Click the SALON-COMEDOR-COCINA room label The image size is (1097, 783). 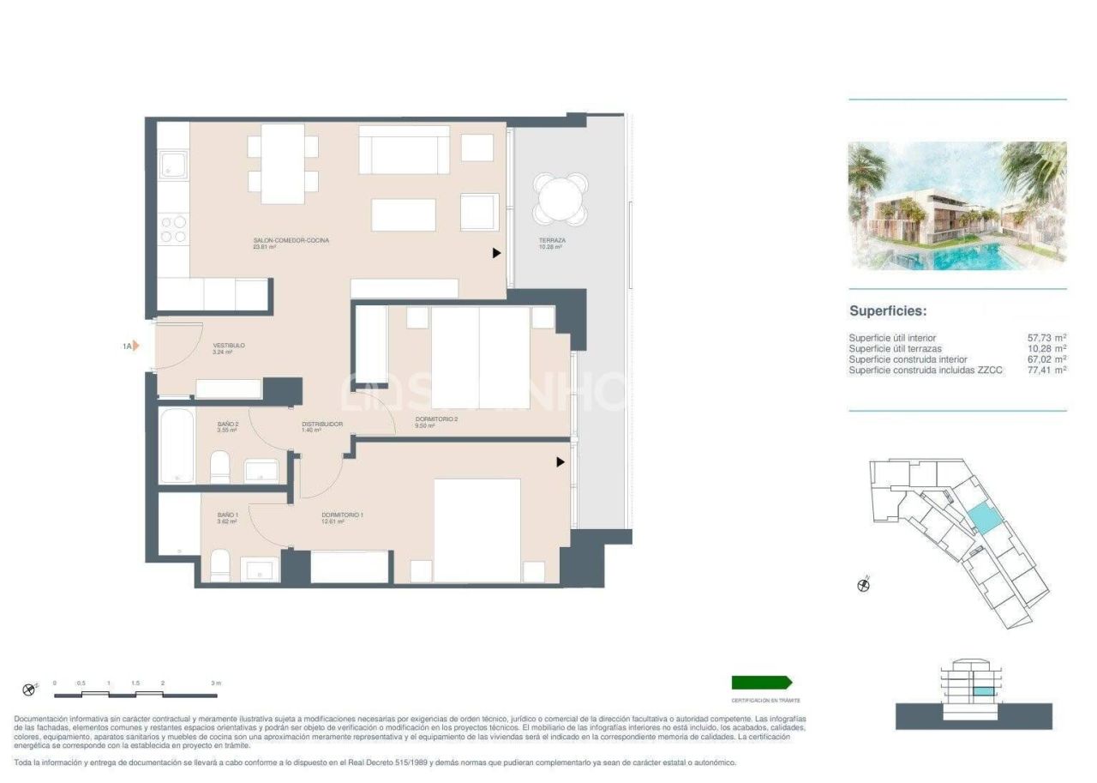pyautogui.click(x=291, y=241)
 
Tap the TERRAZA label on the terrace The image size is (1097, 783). pyautogui.click(x=552, y=241)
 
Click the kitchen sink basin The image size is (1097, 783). pyautogui.click(x=175, y=164)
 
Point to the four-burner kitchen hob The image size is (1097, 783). pyautogui.click(x=175, y=227)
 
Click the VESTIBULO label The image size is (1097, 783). pyautogui.click(x=229, y=346)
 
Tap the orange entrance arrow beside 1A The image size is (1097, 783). pyautogui.click(x=135, y=346)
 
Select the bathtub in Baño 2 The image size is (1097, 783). pyautogui.click(x=177, y=446)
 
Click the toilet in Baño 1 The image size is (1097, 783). pyautogui.click(x=220, y=567)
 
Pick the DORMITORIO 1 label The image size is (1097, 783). pyautogui.click(x=343, y=515)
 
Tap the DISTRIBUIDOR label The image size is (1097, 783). pyautogui.click(x=322, y=425)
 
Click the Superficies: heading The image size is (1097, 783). pyautogui.click(x=888, y=312)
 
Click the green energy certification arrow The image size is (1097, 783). pyautogui.click(x=761, y=683)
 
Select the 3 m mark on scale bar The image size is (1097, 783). pyautogui.click(x=215, y=684)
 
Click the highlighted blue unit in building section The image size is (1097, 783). pyautogui.click(x=982, y=691)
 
